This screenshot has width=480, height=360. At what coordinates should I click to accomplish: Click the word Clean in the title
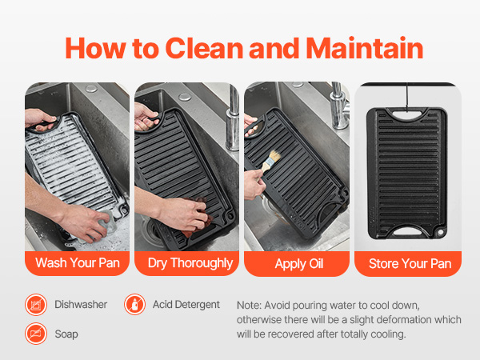click(x=205, y=48)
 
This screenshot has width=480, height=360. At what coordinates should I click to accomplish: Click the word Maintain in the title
click(x=365, y=48)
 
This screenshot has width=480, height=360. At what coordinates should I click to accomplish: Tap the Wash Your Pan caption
click(x=78, y=263)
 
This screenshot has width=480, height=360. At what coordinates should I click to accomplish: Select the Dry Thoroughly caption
click(x=190, y=263)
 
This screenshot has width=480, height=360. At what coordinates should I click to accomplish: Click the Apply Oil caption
click(x=299, y=263)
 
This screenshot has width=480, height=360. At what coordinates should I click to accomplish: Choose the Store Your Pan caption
click(x=410, y=263)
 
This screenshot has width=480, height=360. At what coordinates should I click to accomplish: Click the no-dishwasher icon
click(x=36, y=305)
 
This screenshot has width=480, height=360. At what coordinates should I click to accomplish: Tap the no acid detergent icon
click(x=134, y=305)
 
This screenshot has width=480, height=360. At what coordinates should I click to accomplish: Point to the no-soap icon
click(x=36, y=334)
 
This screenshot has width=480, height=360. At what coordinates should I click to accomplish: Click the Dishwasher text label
click(x=81, y=305)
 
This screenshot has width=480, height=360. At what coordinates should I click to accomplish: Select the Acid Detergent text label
click(x=186, y=305)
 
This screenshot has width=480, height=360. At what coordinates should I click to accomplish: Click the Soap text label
click(x=66, y=334)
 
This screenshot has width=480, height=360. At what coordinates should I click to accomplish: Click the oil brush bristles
click(x=274, y=156)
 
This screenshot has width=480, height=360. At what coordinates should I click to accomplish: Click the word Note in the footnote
click(x=248, y=306)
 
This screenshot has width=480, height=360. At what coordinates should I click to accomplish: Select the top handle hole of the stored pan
click(x=406, y=114)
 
